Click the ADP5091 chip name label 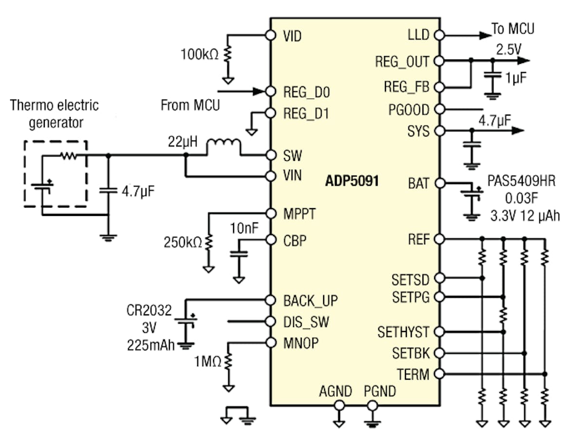click(x=351, y=182)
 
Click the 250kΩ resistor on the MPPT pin click(x=209, y=241)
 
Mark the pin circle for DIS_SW click(x=271, y=322)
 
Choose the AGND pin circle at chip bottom click(x=339, y=405)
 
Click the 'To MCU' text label click(x=512, y=29)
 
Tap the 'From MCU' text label click(x=190, y=105)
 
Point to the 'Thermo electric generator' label click(x=54, y=113)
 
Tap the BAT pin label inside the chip click(x=420, y=184)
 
